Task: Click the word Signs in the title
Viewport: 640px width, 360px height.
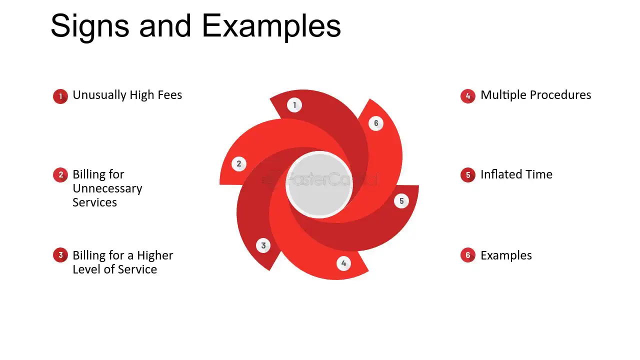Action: (x=90, y=26)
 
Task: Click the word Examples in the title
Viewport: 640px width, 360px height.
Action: (x=271, y=26)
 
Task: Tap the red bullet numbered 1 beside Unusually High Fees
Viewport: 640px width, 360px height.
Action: (x=60, y=96)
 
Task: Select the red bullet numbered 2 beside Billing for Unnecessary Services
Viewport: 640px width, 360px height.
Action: (x=60, y=175)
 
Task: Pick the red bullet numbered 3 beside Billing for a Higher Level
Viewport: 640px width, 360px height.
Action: (x=60, y=255)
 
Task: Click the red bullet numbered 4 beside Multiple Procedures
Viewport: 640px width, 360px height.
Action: (x=467, y=96)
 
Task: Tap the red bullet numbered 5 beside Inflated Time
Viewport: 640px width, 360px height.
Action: (x=467, y=175)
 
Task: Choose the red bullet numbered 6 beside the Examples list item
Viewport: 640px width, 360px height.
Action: (x=467, y=255)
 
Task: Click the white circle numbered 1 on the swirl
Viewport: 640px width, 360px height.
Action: (x=294, y=105)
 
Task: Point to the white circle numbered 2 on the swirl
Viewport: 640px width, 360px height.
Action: (x=239, y=164)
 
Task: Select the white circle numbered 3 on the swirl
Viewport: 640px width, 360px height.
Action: (x=263, y=245)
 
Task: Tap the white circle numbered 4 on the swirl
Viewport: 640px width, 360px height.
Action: (x=343, y=263)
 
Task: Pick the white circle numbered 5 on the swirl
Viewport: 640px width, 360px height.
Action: (x=401, y=201)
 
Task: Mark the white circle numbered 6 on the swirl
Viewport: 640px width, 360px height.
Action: (x=376, y=123)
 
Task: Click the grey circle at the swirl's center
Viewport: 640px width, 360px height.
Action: (x=319, y=185)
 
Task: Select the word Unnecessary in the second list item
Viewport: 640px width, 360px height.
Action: (x=107, y=189)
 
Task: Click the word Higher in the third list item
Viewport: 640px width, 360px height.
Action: (x=155, y=255)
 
